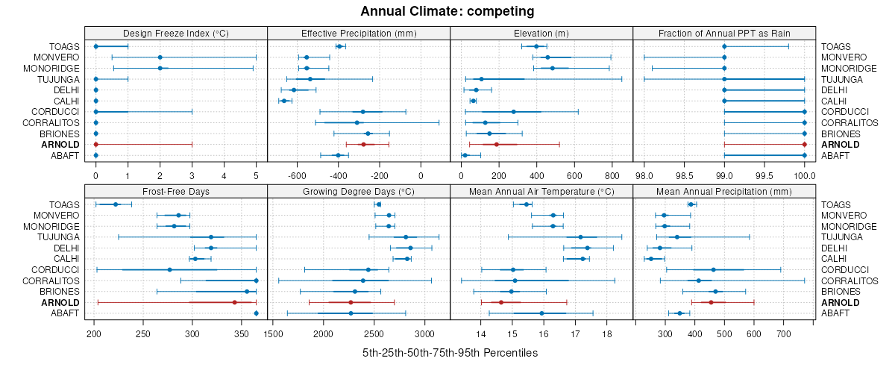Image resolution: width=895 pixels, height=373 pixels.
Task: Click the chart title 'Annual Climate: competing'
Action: [447, 11]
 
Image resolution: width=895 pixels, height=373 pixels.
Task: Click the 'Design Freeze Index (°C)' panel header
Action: [175, 33]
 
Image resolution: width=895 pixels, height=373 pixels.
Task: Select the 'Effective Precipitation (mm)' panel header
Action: [359, 33]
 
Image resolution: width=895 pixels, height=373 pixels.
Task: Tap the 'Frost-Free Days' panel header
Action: [175, 191]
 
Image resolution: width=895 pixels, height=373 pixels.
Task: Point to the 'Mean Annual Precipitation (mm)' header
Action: [724, 191]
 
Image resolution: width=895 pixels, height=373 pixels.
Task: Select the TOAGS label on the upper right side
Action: [836, 46]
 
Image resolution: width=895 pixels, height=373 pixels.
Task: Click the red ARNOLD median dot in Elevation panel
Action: [496, 144]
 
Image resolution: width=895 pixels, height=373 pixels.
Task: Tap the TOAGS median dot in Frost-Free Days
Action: [116, 204]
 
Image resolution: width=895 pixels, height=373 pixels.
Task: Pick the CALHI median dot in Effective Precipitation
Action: [284, 101]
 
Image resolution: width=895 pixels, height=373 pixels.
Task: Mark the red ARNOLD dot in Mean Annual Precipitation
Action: [711, 302]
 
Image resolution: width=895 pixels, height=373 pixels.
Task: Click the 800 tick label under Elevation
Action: [612, 176]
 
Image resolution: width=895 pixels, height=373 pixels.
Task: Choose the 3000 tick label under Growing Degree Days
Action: [424, 334]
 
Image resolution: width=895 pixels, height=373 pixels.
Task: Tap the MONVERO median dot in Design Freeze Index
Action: [160, 57]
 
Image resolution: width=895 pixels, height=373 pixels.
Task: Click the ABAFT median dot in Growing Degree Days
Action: [351, 313]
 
